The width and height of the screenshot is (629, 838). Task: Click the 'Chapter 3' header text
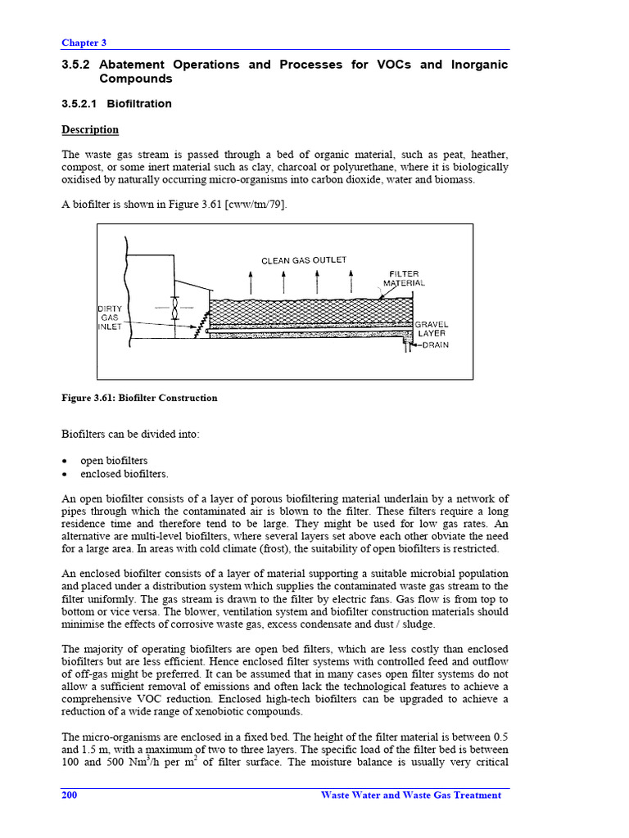84,43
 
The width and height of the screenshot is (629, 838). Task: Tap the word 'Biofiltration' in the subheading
138,104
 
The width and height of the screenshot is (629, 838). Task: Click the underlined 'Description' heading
90,129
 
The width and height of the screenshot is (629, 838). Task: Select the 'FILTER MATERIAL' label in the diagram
404,278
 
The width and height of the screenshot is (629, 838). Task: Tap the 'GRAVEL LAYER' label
432,329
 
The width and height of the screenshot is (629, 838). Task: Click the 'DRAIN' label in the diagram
435,345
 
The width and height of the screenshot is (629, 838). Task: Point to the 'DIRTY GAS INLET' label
109,318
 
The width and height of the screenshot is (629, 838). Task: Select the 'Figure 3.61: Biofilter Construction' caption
139,399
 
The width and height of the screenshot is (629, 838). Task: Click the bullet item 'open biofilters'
114,461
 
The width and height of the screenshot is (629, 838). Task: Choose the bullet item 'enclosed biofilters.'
124,474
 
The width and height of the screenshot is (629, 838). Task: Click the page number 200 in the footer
70,795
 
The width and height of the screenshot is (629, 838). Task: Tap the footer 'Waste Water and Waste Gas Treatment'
410,795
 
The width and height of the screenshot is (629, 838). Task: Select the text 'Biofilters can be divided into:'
129,435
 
